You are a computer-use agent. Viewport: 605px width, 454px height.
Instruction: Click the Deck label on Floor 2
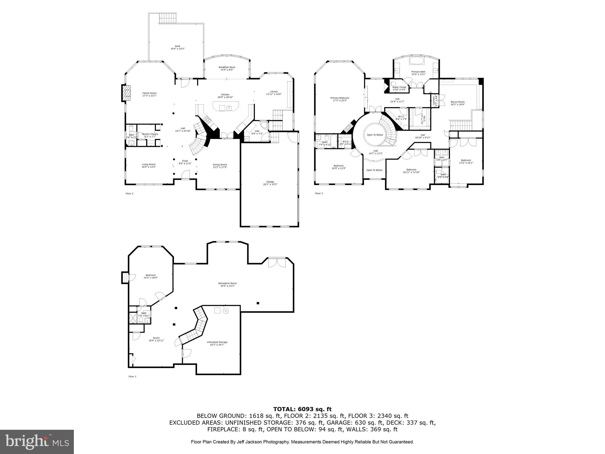177,46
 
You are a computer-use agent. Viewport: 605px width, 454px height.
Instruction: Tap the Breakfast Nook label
227,67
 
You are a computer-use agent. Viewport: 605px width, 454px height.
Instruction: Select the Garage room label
270,182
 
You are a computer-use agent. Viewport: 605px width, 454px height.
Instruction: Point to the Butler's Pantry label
150,134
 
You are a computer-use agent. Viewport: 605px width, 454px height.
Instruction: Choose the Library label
274,92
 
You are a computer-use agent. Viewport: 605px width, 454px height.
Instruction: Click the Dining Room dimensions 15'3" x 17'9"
220,167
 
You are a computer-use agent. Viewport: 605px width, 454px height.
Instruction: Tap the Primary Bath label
418,72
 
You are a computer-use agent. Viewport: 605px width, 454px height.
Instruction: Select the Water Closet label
399,87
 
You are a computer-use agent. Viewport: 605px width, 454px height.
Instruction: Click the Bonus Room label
458,102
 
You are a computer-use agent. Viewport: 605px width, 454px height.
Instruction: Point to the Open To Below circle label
375,135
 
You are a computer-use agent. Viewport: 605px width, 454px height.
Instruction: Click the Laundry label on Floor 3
434,100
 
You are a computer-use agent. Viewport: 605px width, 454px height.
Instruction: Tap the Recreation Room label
227,283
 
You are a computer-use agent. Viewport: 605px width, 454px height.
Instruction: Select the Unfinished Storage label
217,342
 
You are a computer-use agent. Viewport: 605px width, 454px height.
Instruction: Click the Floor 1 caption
132,377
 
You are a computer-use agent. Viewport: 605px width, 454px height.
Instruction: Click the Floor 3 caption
319,194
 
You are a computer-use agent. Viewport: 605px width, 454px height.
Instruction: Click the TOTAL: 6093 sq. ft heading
302,409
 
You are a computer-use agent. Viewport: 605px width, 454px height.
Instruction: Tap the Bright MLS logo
37,442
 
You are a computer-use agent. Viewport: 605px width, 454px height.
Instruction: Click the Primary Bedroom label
339,98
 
